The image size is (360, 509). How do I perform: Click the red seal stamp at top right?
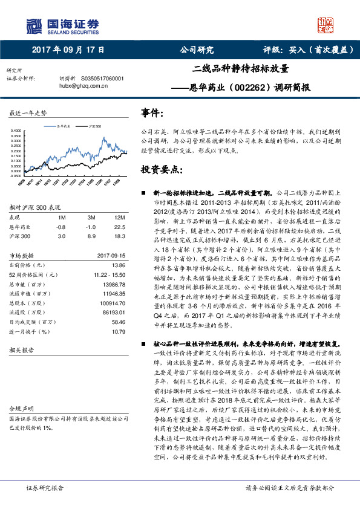326,25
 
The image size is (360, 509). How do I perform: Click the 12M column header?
120,216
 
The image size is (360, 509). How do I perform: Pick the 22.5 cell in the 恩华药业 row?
119,226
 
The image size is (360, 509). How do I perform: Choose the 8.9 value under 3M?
91,236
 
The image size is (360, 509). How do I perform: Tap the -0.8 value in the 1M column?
61,226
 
